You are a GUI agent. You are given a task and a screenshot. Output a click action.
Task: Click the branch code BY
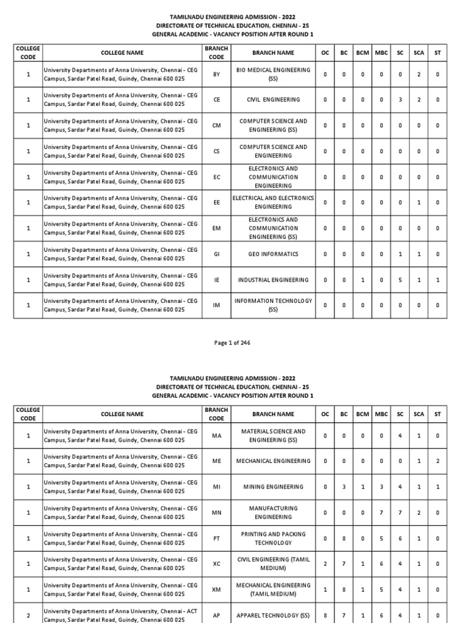pos(216,74)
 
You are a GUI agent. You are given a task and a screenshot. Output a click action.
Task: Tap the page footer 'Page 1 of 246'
pos(232,343)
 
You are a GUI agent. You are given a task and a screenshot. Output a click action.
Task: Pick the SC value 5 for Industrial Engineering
pos(400,280)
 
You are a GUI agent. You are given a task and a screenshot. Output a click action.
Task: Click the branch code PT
pos(216,538)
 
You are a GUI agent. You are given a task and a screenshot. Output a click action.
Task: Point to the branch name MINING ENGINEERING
pos(273,487)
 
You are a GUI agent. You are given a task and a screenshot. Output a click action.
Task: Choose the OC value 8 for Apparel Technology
pos(325,615)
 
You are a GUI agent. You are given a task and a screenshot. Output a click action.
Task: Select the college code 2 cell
pos(28,615)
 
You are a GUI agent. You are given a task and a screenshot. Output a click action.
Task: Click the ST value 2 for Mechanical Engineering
pos(437,461)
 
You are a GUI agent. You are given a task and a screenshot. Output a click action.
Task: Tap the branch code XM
pos(216,590)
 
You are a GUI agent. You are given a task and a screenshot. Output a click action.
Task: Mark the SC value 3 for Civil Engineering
pos(400,100)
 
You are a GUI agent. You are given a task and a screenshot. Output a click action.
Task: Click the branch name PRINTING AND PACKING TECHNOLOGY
pos(273,538)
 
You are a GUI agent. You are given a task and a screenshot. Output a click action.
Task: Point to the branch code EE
pos(216,203)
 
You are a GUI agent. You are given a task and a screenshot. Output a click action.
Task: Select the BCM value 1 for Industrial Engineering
pos(362,280)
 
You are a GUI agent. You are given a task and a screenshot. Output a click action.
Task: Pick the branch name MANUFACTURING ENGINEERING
pos(273,512)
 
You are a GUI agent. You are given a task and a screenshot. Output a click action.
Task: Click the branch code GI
pos(216,254)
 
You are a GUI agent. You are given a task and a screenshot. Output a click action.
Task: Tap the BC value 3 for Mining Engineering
pos(344,487)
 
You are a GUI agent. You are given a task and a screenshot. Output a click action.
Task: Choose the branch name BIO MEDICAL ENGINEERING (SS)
pos(273,74)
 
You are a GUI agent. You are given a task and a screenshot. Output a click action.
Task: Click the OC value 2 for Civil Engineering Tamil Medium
pos(325,564)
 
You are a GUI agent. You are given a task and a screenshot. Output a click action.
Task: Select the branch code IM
pos(216,305)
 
